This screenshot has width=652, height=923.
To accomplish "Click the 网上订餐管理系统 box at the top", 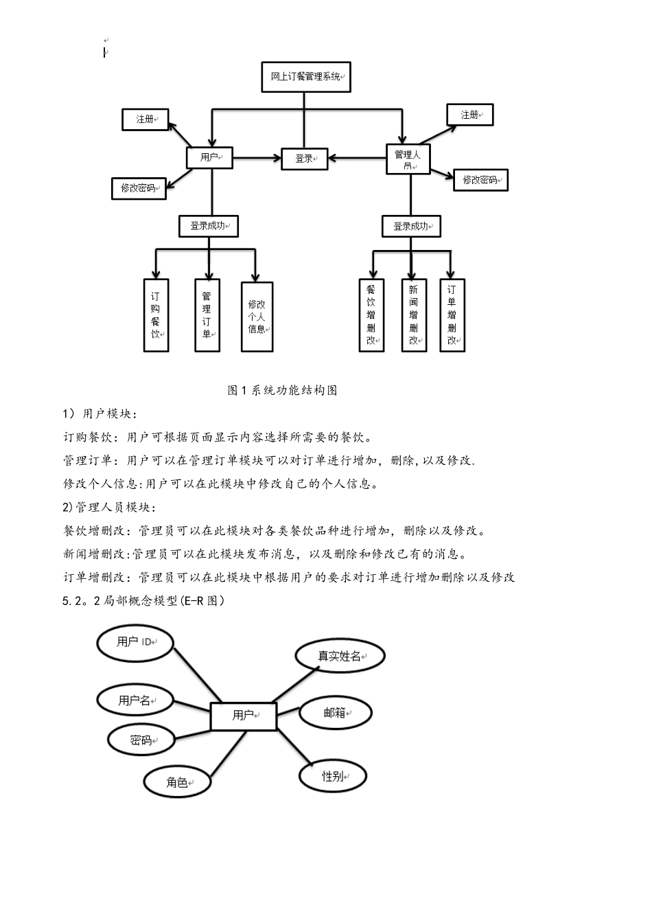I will pos(306,77).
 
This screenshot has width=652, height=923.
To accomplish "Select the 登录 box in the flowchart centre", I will pos(305,159).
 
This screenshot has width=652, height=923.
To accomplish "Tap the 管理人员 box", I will pos(408,159).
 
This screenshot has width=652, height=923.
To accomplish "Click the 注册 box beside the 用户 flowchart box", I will pos(145,119).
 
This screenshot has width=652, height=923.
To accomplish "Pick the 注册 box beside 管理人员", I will pos(469,115).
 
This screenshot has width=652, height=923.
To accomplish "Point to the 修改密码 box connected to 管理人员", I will pos(480,180).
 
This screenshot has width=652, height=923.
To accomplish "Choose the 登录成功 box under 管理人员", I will pos(411,226).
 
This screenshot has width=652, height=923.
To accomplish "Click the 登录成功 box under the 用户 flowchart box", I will pos(208,225).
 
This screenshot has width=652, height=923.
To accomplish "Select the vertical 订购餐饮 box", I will pos(156,315).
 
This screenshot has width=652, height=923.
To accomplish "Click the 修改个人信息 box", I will pos(257,317).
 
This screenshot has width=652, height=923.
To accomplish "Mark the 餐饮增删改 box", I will pos(371,315).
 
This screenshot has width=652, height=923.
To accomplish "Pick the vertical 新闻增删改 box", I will pos(414,315).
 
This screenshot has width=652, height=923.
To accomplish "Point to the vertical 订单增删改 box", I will pos(452,315).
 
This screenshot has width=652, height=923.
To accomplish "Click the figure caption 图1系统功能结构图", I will pos(282,390).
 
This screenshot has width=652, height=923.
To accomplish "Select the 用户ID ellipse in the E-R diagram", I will pos(135,642).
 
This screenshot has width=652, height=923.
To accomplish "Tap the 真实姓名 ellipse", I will pos(340,656).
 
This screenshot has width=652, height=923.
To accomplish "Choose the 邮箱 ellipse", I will pos(336,713).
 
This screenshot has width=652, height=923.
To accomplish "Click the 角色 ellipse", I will pos(177,782).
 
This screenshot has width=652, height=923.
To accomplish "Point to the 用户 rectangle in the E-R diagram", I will pos(244,716).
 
